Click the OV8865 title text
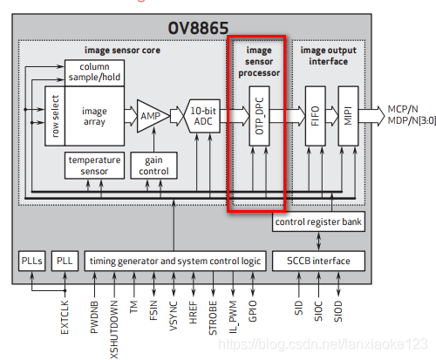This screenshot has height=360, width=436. pos(198,28)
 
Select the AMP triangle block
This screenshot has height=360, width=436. pos(151,116)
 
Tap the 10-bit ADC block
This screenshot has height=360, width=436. pos(202,116)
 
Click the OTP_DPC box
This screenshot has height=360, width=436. pos(259,116)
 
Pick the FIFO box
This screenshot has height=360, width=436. pos(315,116)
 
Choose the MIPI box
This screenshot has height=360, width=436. pos(348,116)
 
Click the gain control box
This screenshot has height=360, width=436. pos(153,166)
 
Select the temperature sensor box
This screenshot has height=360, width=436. pos(94,166)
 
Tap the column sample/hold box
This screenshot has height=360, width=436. pos(94,72)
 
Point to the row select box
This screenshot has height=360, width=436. pos(55,116)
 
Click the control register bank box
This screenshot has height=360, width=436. pos(318,221)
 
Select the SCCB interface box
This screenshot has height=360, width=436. pos(318,261)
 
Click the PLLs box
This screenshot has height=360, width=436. pos(32,261)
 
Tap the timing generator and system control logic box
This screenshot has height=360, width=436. pos(175,261)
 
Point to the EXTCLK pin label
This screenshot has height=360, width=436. pos(65,317)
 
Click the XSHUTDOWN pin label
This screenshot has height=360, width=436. pos(114,329)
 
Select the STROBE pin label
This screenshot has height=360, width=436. pos(213,318)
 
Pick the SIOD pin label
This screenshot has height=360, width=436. pos(338,311)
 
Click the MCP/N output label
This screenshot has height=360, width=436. pos(403,109)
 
